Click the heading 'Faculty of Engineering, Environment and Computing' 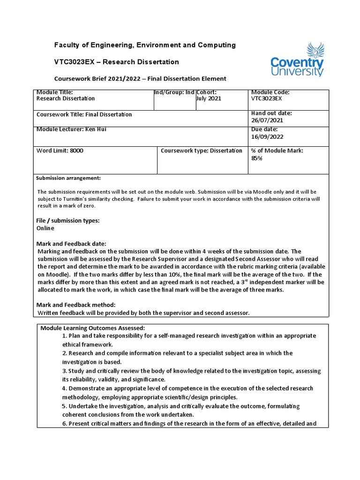145,45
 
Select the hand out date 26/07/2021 267,120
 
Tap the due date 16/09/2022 267,137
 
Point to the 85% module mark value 257,158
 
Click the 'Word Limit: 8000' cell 60,151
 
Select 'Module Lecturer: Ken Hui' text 71,129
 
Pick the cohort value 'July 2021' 209,99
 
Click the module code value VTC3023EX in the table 267,99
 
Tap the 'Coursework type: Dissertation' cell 202,151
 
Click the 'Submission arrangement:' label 68,178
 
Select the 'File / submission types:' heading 68,221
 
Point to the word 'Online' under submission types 45,228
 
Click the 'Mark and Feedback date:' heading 71,244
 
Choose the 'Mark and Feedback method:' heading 76,305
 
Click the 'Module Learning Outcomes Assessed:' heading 93,328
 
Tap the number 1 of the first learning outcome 64,336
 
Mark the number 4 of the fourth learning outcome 64,389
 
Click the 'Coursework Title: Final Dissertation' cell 84,115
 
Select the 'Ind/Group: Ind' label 174,92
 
